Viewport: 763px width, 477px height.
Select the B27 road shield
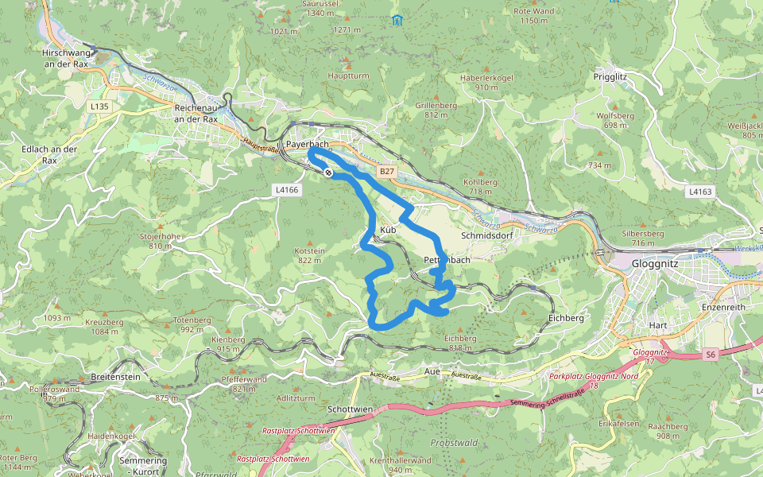click(386, 172)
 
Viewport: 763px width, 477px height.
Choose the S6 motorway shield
click(710, 355)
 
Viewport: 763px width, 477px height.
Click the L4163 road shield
click(700, 192)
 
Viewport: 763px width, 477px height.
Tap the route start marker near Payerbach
click(327, 172)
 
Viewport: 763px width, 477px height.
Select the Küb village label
click(388, 230)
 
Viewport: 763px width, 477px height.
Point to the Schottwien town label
click(350, 409)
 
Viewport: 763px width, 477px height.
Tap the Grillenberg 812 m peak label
click(436, 110)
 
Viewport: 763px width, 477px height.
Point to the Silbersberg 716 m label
click(643, 238)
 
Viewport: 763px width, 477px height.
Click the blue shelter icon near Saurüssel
click(397, 20)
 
